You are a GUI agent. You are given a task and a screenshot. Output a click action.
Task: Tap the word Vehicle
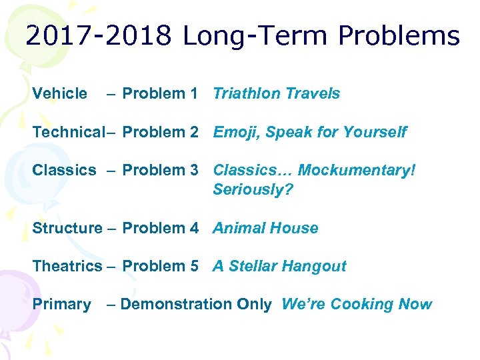(x=59, y=94)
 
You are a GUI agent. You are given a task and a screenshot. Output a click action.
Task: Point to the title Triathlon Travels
(x=276, y=94)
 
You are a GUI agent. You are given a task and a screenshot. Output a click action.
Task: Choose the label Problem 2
(x=160, y=132)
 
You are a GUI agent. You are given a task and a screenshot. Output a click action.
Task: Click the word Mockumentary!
(x=357, y=170)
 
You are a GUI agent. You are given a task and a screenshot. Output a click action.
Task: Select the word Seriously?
(x=253, y=189)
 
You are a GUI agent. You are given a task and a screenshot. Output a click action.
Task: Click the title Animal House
(x=265, y=228)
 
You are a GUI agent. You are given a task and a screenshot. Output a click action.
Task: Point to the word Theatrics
(x=67, y=266)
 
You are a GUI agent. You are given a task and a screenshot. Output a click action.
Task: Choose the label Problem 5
(x=160, y=266)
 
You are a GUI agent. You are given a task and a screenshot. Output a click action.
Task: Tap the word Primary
(x=61, y=304)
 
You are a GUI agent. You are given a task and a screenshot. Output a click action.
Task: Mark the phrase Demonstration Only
(x=196, y=304)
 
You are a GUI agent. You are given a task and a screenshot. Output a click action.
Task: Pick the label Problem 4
(x=160, y=228)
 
